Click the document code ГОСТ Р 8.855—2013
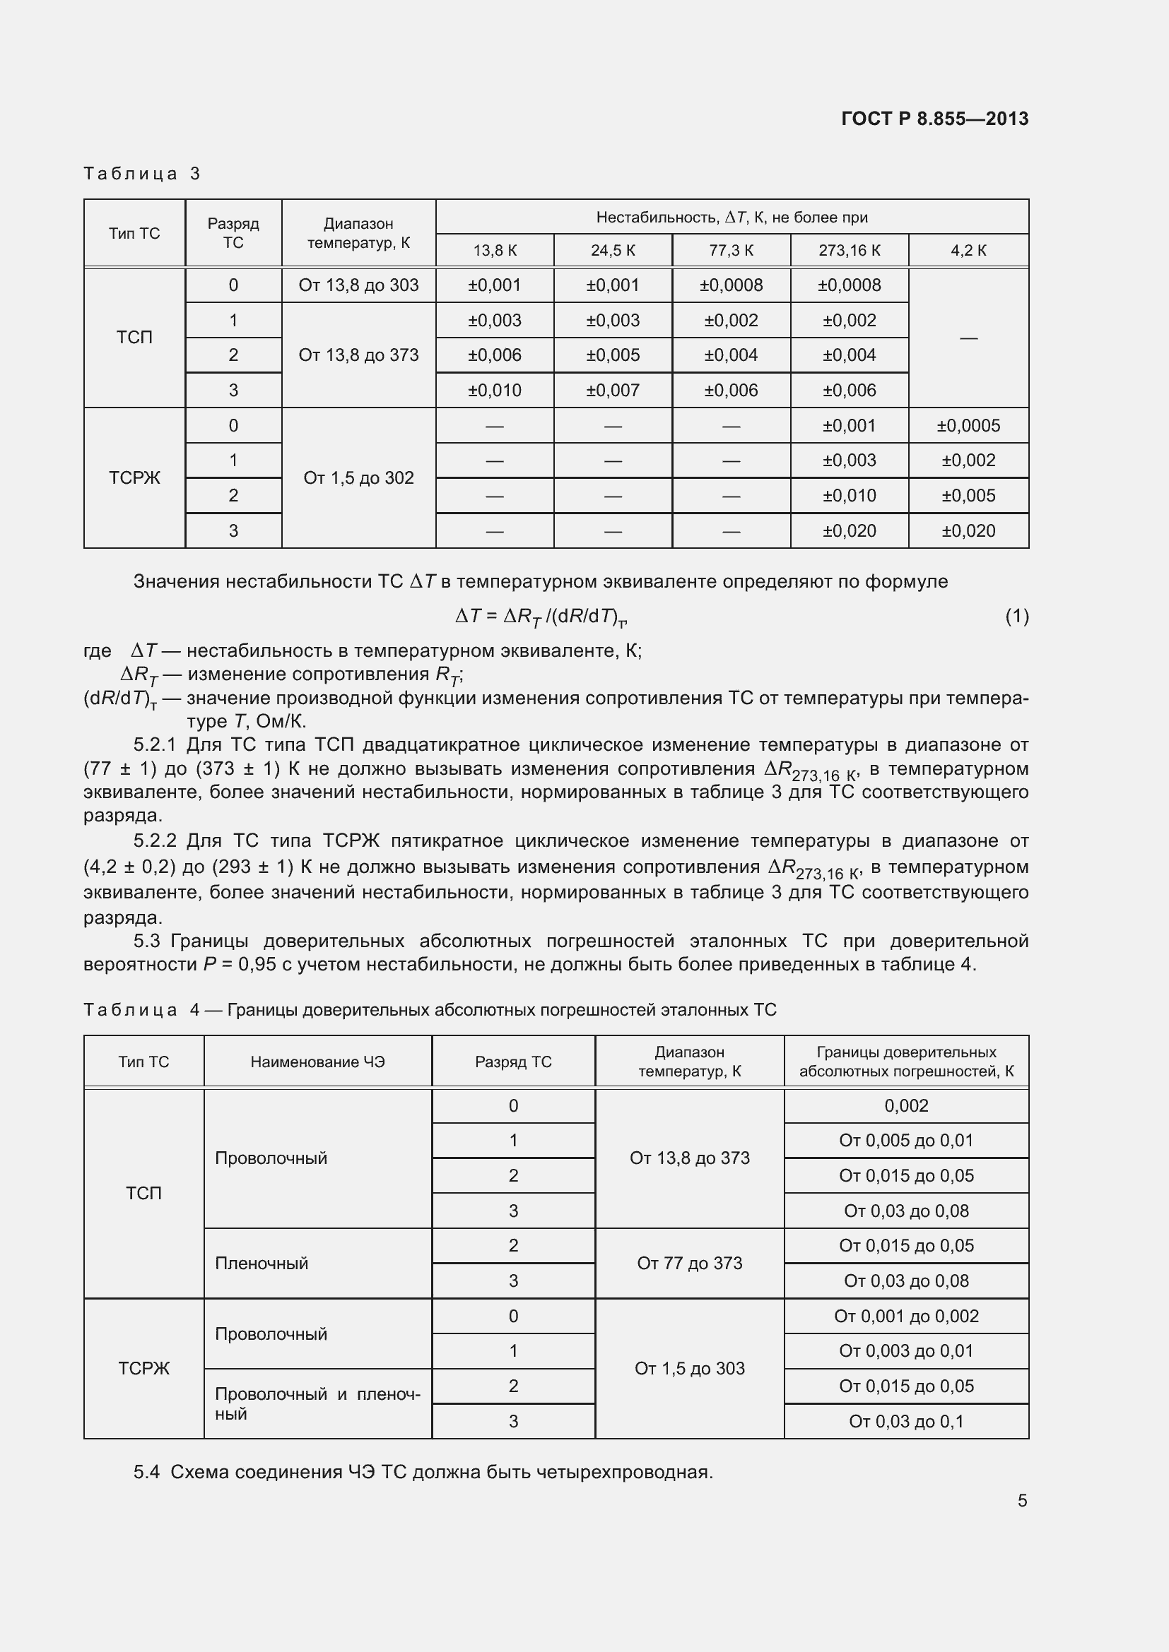(x=934, y=119)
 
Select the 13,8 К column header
(x=495, y=251)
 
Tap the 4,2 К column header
(x=968, y=251)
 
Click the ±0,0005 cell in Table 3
(x=968, y=425)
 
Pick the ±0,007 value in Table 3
(x=613, y=390)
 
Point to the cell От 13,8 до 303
(x=358, y=285)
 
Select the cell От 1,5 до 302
(x=358, y=477)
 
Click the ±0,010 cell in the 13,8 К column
(x=495, y=390)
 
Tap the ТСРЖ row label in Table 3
(x=134, y=477)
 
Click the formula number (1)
(x=1016, y=616)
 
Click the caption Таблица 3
(x=142, y=174)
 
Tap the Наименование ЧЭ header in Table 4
(x=317, y=1062)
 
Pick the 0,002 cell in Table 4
(x=905, y=1106)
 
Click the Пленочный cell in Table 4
(x=262, y=1264)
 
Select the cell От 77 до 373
(x=689, y=1264)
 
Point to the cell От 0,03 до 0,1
(x=905, y=1421)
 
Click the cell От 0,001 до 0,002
(x=905, y=1316)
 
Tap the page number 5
(x=1021, y=1500)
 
